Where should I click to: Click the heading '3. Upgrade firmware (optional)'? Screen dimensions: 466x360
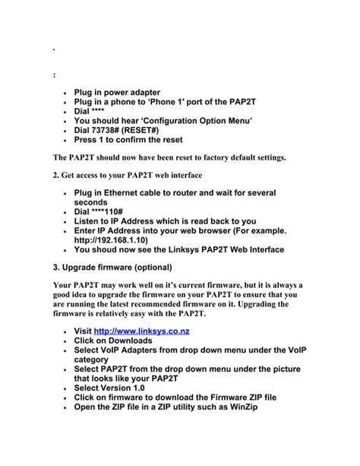(112, 268)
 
